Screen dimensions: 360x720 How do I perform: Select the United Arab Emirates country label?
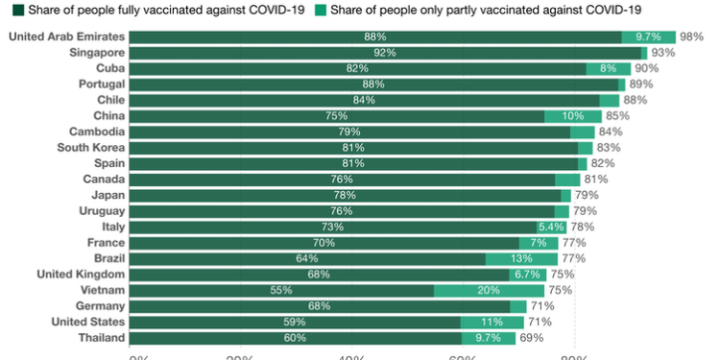pos(65,36)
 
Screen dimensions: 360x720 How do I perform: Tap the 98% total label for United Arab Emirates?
pos(691,36)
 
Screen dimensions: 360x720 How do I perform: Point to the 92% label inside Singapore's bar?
pos(386,53)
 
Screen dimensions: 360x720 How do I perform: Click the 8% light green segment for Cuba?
pos(608,68)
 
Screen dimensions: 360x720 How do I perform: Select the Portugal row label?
pos(97,84)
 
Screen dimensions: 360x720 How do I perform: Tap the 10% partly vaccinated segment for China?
pos(573,116)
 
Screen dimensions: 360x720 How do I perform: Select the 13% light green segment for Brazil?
pos(521,258)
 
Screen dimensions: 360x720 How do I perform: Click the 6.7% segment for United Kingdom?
pos(527,275)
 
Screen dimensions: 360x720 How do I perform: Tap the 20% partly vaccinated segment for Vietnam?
pos(489,290)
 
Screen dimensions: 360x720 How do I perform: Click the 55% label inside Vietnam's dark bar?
pos(281,290)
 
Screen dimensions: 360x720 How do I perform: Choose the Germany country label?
pos(99,305)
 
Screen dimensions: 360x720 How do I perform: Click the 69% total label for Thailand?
pos(530,338)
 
